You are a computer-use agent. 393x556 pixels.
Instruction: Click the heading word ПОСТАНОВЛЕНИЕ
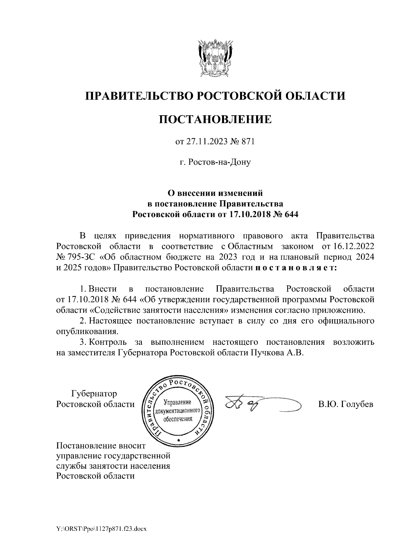click(x=215, y=119)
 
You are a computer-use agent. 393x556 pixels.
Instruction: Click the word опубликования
click(x=86, y=331)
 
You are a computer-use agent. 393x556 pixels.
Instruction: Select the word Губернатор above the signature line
click(x=94, y=393)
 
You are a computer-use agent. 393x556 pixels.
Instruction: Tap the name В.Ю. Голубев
click(x=346, y=404)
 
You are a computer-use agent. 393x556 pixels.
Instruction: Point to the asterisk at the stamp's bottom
click(x=178, y=440)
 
